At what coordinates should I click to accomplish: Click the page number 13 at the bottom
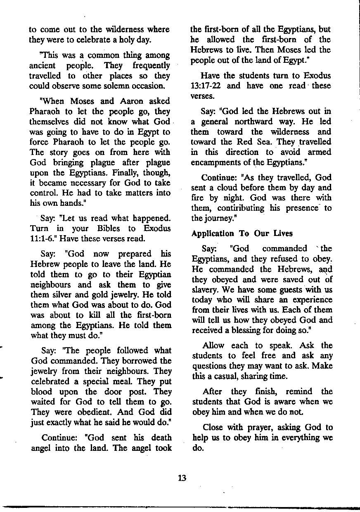182,478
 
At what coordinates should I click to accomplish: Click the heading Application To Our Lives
242,233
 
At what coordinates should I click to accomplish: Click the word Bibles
108,228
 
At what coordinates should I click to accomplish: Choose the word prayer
252,427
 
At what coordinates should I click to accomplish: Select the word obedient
90,412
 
